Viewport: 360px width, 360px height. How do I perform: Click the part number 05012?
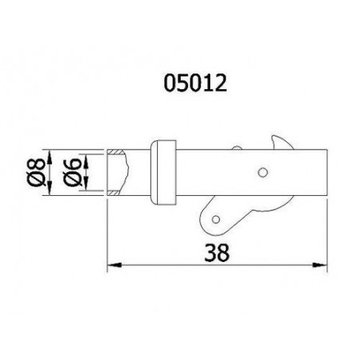click(195, 83)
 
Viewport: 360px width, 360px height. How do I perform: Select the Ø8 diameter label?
click(35, 172)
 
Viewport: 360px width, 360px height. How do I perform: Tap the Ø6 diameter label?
click(72, 172)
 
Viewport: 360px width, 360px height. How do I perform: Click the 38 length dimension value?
click(217, 253)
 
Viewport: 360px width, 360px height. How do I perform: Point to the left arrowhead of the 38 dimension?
click(114, 265)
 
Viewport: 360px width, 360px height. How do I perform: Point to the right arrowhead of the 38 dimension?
click(319, 265)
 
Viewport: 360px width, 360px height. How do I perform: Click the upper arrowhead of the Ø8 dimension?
click(49, 157)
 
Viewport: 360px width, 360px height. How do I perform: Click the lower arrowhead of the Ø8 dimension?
click(49, 189)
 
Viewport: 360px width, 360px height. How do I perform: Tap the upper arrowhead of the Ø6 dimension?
click(86, 161)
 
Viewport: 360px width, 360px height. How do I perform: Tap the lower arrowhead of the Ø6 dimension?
click(86, 184)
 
